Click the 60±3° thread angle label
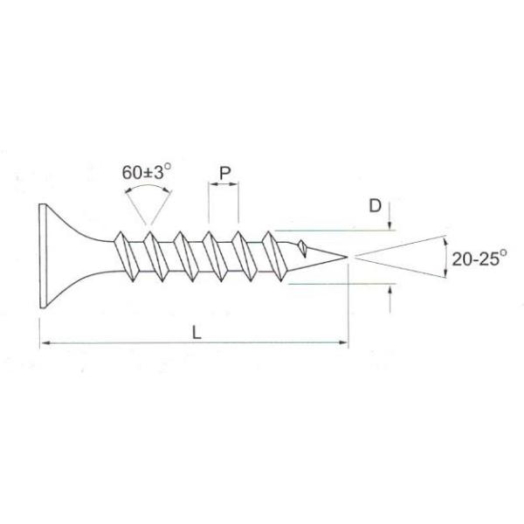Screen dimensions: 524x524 147,172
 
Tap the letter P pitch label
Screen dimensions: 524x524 225,174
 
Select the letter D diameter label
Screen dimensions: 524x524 375,205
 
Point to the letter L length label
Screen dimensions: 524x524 196,333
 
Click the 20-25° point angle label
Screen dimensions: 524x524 479,259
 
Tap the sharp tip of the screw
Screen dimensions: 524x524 347,257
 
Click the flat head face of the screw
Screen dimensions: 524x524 42,256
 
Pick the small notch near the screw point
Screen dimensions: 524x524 303,248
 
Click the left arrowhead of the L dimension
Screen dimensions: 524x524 45,342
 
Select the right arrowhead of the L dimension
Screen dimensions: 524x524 343,342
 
